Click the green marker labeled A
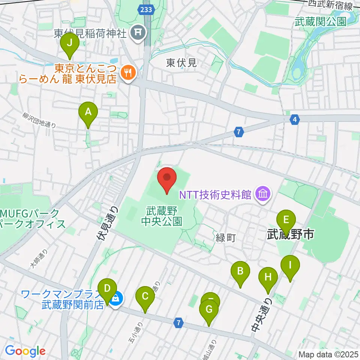coord(88,112)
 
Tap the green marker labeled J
coord(69,43)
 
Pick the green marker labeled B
coord(240,271)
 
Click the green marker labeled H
coord(268,277)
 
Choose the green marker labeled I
coord(290,265)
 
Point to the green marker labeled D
coord(107,289)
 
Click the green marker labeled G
coord(209,310)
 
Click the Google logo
coord(25,351)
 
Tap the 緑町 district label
coord(225,237)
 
